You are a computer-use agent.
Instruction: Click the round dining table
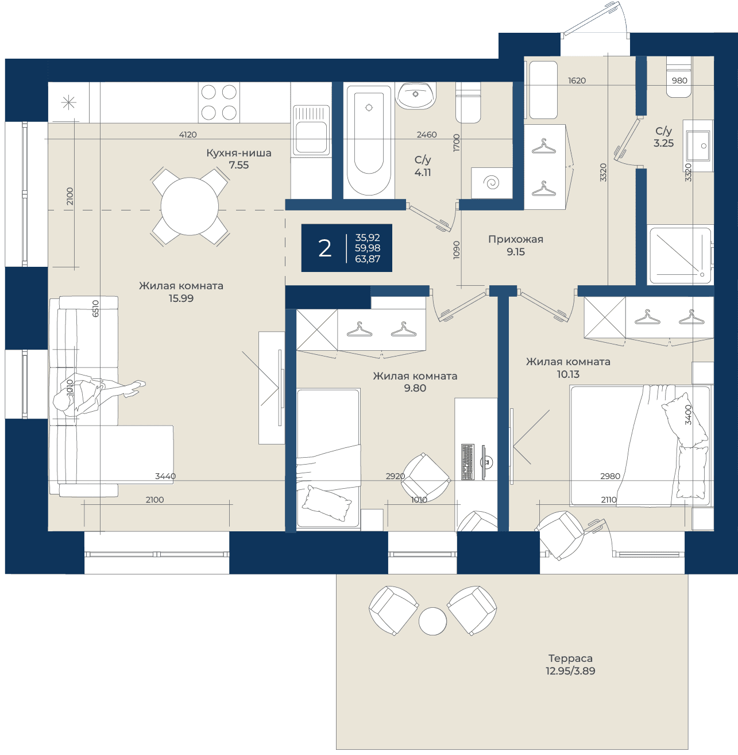[x=190, y=206]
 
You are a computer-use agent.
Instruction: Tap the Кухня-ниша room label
[x=239, y=153]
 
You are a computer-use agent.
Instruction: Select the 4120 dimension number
[x=188, y=134]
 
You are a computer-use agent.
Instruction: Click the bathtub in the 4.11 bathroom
[x=369, y=140]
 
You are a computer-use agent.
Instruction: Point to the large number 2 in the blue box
[x=325, y=248]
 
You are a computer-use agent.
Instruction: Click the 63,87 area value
[x=368, y=259]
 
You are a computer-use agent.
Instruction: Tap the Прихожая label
[x=516, y=239]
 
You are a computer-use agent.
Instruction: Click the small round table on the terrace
[x=432, y=621]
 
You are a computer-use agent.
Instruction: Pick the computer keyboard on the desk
[x=468, y=462]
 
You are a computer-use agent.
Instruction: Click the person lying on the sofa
[x=99, y=393]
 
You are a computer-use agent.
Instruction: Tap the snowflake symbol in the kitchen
[x=68, y=102]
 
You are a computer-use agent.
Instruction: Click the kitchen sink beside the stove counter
[x=311, y=131]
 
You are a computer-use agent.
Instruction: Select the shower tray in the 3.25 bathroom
[x=680, y=255]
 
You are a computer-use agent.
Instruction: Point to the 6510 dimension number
[x=95, y=308]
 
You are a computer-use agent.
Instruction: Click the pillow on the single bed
[x=327, y=503]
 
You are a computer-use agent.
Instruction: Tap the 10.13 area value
[x=568, y=374]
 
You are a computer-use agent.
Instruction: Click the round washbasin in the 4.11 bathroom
[x=415, y=95]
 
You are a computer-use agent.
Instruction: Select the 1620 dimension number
[x=577, y=81]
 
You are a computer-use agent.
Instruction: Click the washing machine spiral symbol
[x=492, y=182]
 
